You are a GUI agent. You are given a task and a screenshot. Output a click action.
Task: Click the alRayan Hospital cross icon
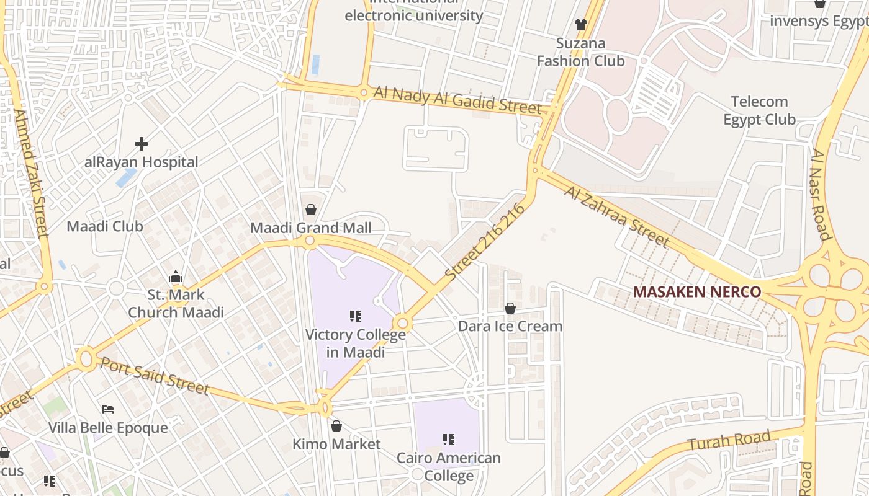pos(142,144)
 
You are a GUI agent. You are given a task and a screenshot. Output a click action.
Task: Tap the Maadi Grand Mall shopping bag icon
pos(311,210)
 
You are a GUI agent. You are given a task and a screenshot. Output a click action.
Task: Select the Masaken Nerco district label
pos(696,292)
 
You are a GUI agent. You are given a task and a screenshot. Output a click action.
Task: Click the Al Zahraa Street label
pos(617,216)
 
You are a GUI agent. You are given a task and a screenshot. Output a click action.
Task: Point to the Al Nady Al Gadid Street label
pos(458,100)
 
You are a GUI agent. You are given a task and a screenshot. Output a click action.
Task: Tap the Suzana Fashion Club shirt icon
pos(580,25)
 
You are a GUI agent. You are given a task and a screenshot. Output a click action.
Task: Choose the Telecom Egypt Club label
pos(760,110)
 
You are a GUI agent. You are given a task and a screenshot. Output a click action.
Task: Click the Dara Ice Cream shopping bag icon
pos(510,308)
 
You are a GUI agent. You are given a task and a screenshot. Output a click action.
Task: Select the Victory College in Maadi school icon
pos(356,317)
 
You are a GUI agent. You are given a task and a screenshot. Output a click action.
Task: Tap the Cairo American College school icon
pos(449,440)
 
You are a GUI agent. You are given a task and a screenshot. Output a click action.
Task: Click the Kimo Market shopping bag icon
pos(336,426)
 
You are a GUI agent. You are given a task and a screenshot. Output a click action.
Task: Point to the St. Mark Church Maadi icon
pos(176,277)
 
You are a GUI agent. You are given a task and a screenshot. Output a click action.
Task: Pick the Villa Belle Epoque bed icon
pos(108,409)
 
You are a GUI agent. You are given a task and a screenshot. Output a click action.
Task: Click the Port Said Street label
pos(155,374)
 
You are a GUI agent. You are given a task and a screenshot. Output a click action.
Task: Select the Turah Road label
pos(729,441)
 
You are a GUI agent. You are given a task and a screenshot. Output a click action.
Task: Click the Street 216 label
pos(485,241)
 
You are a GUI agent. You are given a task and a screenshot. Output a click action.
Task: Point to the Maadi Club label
pos(105,226)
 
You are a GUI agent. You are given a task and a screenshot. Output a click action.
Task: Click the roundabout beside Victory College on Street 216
pos(402,323)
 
